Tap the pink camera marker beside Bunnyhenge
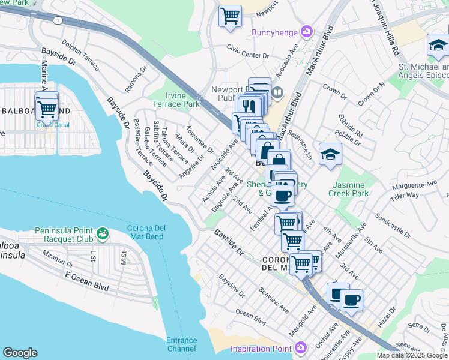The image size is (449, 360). point(307,31)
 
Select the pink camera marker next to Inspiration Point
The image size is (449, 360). point(301,347)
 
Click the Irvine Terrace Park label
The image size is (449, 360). point(182,100)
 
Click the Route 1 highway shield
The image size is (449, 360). point(57,20)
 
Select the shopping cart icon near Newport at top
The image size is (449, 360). point(230,17)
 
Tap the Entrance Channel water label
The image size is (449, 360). point(181,344)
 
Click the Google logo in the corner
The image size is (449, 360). point(20,353)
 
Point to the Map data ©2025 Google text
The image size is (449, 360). point(412,355)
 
